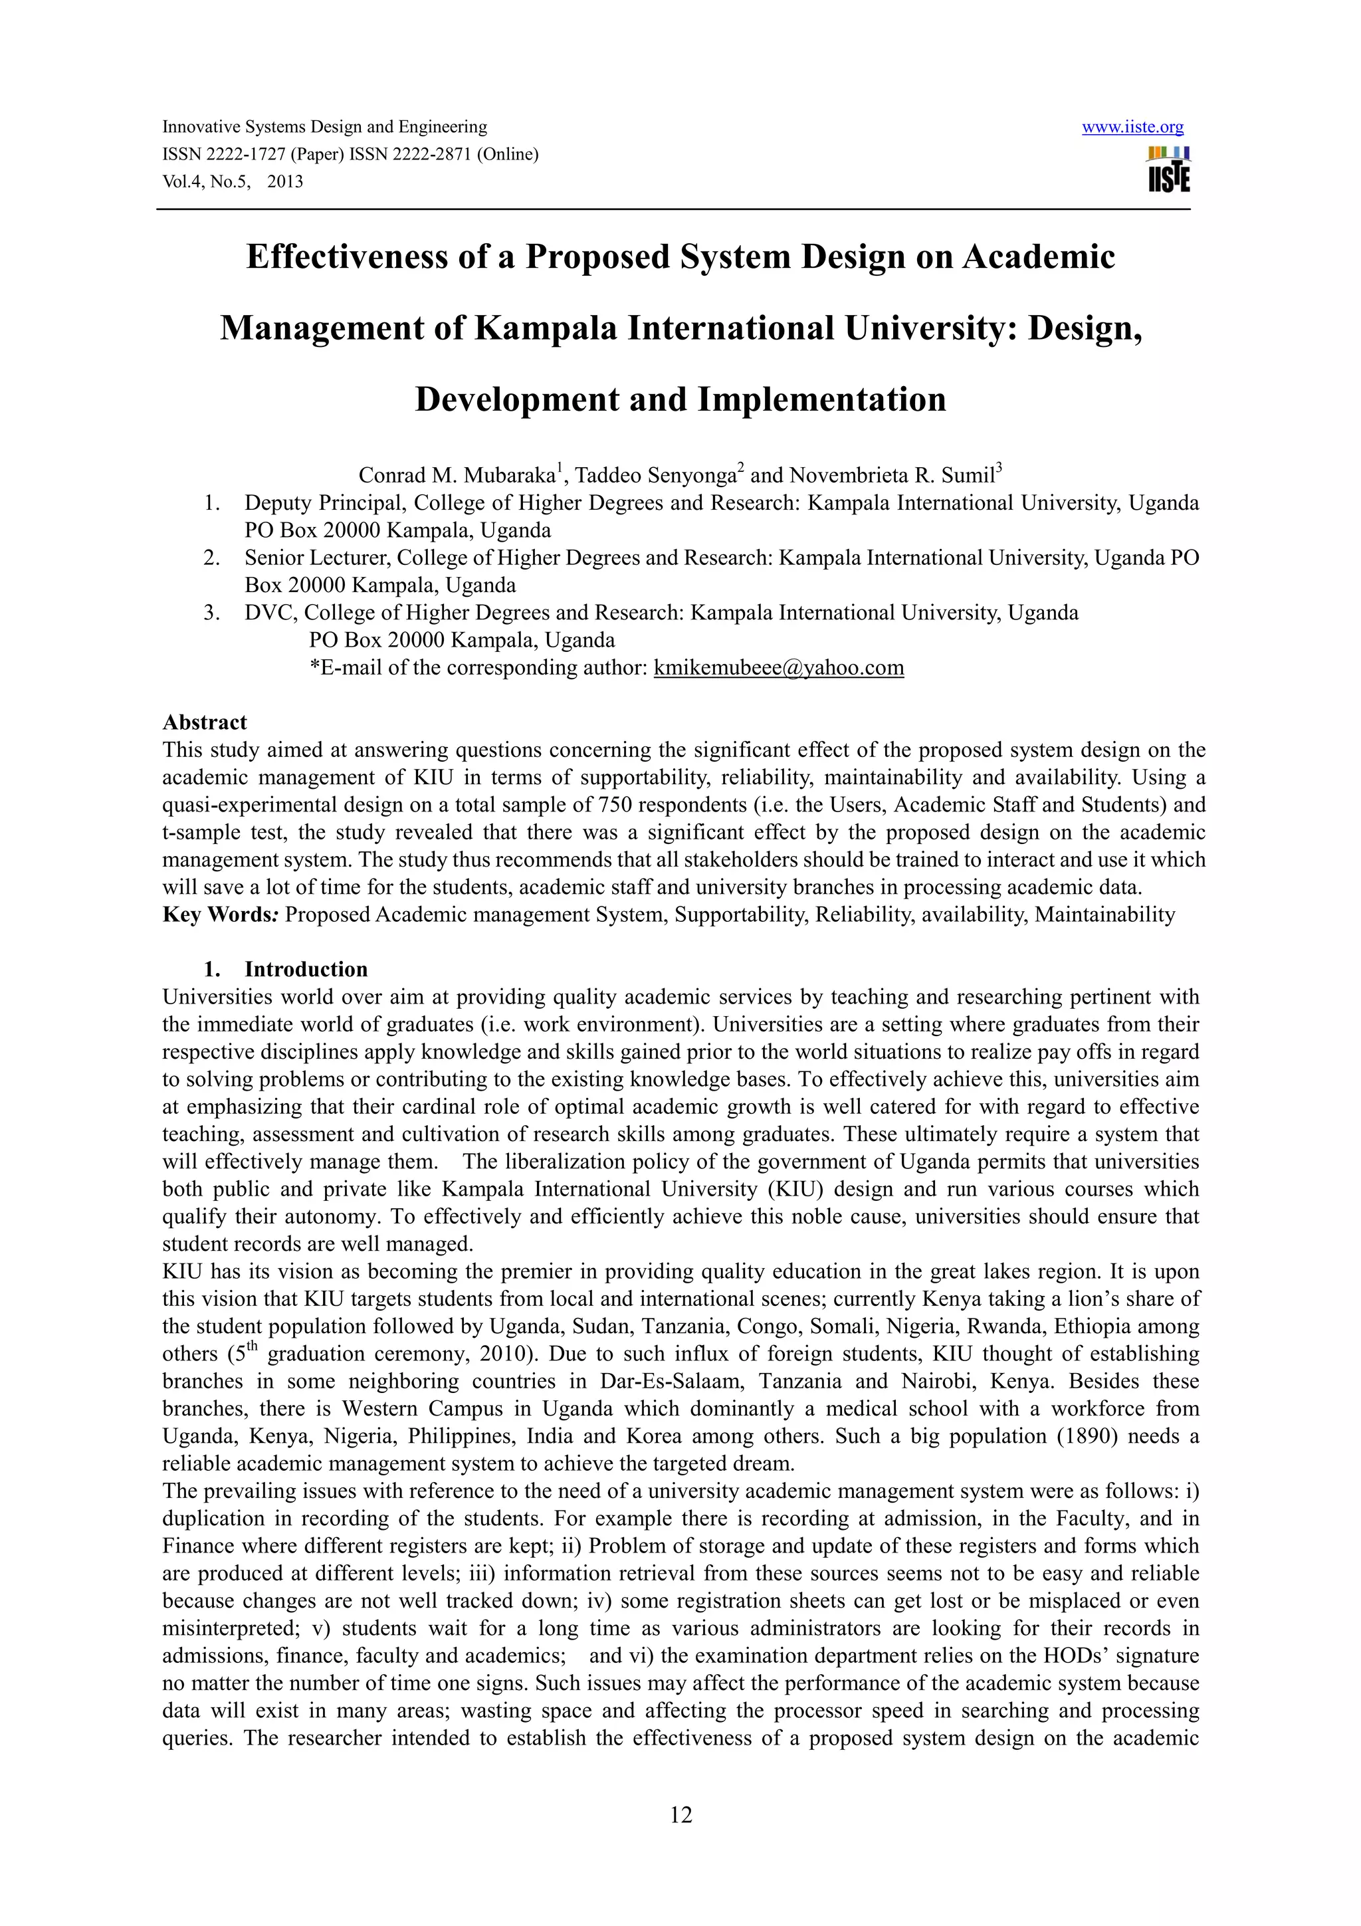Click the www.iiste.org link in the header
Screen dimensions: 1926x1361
click(x=1132, y=128)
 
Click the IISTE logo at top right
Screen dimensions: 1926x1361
click(x=1168, y=169)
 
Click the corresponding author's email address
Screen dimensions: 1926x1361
click(x=778, y=668)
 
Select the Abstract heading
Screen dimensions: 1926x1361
click(x=205, y=722)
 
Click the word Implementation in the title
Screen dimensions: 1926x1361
click(x=822, y=399)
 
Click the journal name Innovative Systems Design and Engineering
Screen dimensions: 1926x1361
click(x=324, y=128)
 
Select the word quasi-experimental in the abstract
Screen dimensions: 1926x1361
click(x=252, y=805)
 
